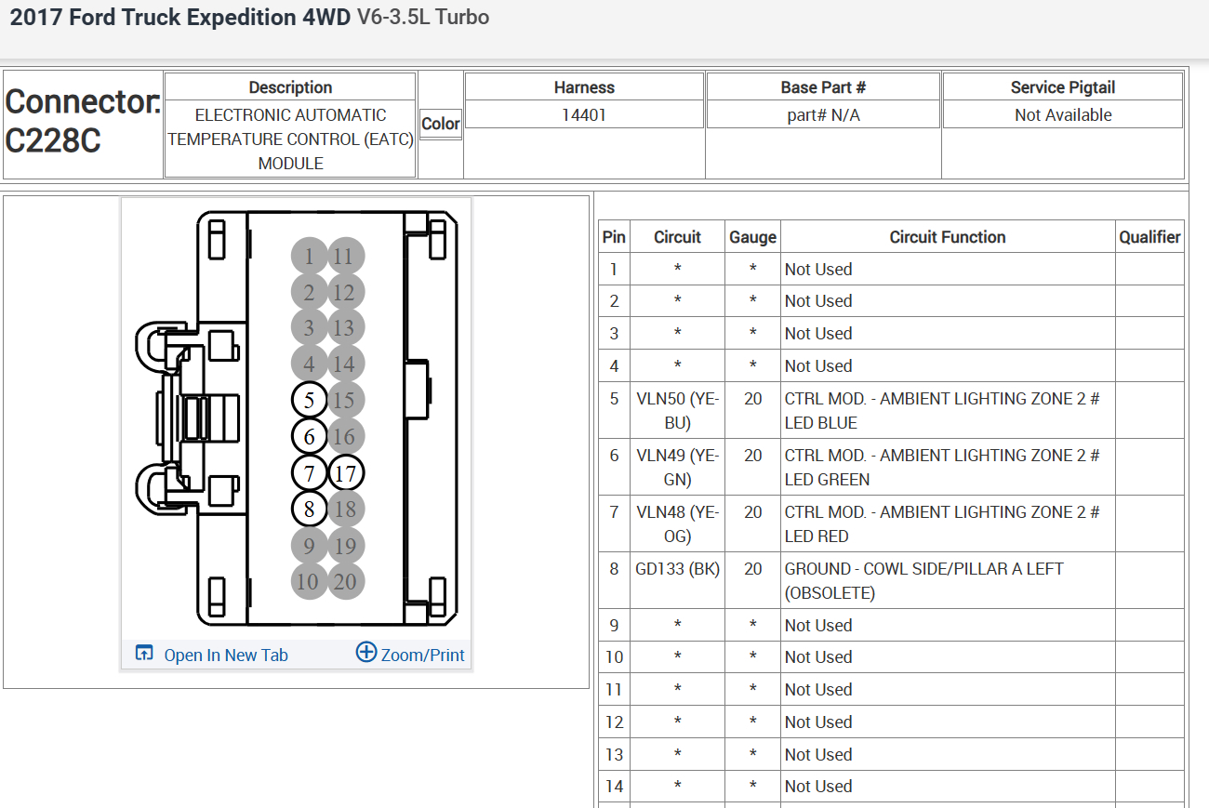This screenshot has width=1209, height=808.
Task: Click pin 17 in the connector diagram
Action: [345, 473]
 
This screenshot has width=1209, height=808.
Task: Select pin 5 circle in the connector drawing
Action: [309, 401]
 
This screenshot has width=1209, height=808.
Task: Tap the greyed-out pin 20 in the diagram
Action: [345, 582]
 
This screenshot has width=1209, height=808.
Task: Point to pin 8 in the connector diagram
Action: [309, 509]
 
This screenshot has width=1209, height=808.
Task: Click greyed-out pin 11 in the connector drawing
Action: [345, 257]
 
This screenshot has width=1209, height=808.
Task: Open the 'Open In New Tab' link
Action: [225, 655]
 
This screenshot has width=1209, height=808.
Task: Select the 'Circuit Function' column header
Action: [947, 237]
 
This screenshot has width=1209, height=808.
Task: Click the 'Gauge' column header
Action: [752, 237]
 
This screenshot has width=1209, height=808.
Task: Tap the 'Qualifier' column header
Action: [1149, 237]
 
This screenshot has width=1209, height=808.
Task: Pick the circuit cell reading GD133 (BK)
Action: [677, 569]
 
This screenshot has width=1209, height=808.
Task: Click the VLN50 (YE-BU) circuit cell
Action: [677, 410]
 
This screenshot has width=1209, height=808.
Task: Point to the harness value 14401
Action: [584, 115]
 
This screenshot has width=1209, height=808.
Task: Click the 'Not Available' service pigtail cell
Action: [1063, 115]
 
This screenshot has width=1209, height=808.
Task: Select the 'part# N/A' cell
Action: [823, 115]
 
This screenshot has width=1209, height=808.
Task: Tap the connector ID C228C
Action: [53, 141]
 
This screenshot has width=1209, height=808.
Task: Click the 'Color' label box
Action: [441, 124]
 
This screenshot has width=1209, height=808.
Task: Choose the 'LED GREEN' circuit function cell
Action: [947, 467]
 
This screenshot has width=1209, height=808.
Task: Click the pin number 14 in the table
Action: [614, 787]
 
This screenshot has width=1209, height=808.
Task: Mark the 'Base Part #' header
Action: [823, 87]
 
